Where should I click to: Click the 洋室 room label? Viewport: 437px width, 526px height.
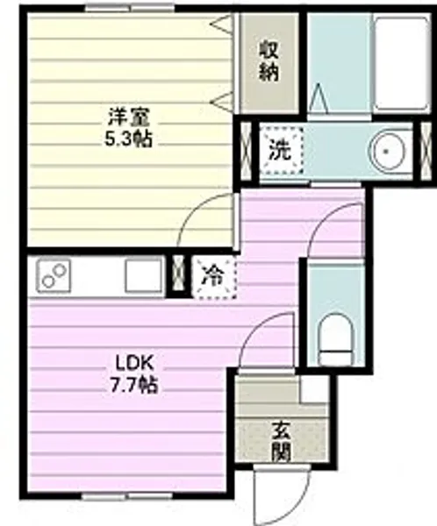[125, 115]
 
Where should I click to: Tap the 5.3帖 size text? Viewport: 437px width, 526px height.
[125, 139]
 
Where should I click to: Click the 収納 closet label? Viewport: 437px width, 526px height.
[269, 59]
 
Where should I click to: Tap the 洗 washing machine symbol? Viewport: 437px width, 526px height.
[279, 150]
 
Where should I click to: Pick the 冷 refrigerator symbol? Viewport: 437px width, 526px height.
[211, 274]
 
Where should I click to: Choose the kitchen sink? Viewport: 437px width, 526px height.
[142, 276]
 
